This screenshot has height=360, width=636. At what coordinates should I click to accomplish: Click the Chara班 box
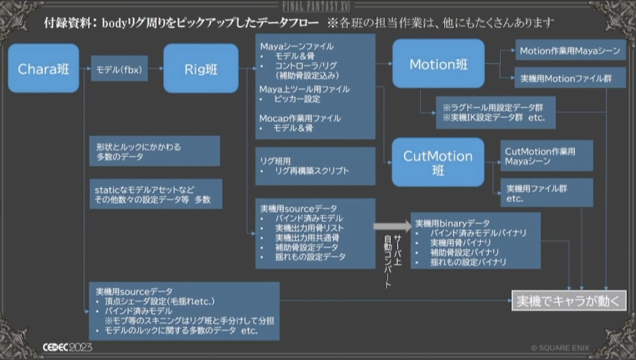click(x=43, y=68)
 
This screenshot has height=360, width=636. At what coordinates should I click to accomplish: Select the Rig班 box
click(x=200, y=68)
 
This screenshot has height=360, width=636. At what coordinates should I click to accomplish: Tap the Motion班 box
click(x=438, y=64)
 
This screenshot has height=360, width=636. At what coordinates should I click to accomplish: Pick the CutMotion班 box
click(x=438, y=162)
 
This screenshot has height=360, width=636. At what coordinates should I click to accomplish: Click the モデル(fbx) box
click(x=119, y=69)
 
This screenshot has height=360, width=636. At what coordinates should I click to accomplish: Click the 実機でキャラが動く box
click(x=568, y=300)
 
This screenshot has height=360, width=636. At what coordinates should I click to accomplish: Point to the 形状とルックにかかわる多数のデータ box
click(x=153, y=151)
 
